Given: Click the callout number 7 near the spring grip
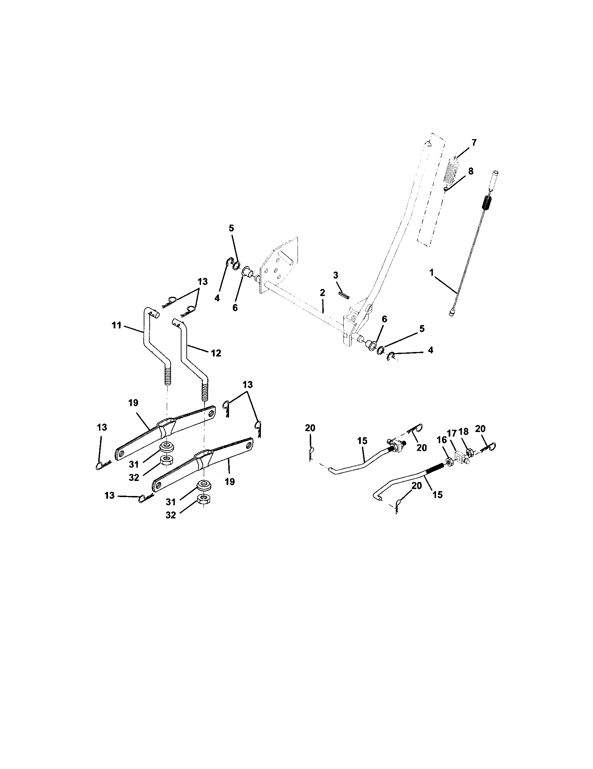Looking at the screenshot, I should [474, 143].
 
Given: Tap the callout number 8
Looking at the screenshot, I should [471, 171].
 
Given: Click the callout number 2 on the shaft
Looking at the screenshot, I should [322, 292].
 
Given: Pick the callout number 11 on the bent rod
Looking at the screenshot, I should [116, 325].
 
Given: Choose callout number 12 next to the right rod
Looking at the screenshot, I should [215, 353].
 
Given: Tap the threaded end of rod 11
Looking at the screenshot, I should [167, 375].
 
